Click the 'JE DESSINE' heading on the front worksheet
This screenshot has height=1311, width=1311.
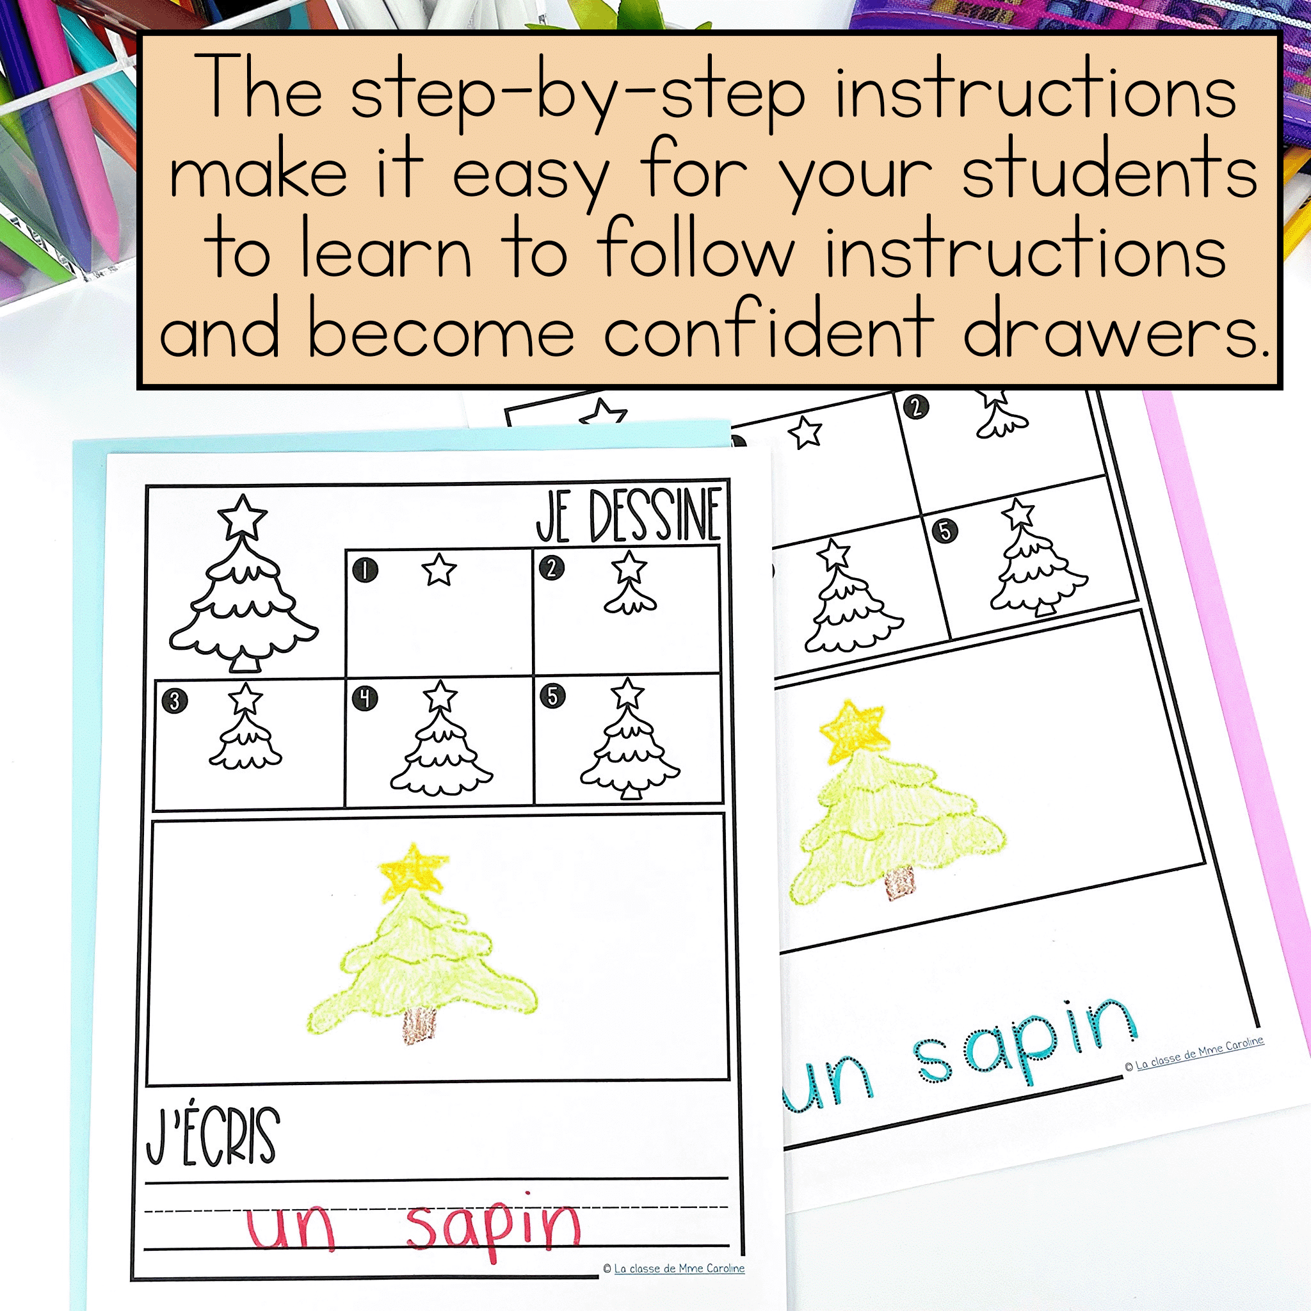[629, 517]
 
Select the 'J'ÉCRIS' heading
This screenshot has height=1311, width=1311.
[213, 1137]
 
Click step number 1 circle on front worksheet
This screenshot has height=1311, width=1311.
[365, 570]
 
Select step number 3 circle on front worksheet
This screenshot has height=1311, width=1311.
[174, 700]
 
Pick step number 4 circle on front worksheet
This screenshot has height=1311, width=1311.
[365, 698]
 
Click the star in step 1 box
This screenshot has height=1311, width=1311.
[439, 569]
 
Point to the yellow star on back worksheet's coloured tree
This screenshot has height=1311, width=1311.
[854, 731]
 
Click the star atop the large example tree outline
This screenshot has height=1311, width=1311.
[241, 517]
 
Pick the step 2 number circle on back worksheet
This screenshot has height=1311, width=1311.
[916, 407]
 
